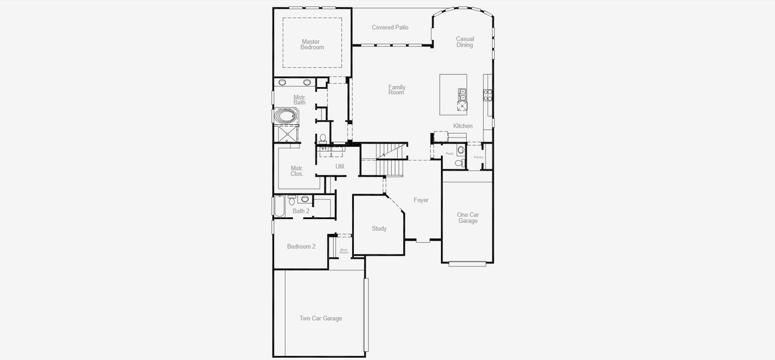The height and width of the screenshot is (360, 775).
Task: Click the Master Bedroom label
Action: click(x=312, y=44)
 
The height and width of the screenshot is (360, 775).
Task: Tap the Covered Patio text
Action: click(x=390, y=28)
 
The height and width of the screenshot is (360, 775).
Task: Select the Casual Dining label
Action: click(x=465, y=42)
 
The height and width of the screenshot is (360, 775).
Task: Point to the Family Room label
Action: click(x=396, y=90)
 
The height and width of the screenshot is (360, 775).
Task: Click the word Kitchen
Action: click(x=462, y=126)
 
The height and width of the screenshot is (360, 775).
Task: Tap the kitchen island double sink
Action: click(x=462, y=94)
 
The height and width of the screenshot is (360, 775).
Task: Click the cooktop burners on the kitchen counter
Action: click(x=488, y=94)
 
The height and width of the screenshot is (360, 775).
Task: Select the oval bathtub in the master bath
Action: click(x=285, y=116)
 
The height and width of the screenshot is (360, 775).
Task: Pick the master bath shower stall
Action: click(x=285, y=134)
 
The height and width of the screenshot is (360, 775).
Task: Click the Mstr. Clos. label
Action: click(x=297, y=171)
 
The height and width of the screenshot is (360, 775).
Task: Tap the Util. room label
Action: click(x=340, y=166)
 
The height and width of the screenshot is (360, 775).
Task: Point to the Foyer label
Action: click(x=421, y=200)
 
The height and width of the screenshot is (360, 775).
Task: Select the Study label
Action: click(x=379, y=229)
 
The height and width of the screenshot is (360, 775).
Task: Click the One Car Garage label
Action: click(x=468, y=218)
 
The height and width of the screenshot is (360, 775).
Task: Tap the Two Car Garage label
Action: click(x=321, y=319)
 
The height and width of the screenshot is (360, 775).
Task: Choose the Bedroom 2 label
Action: click(x=301, y=247)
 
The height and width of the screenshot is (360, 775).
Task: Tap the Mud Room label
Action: click(x=344, y=251)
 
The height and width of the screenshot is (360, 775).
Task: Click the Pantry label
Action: click(x=478, y=157)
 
